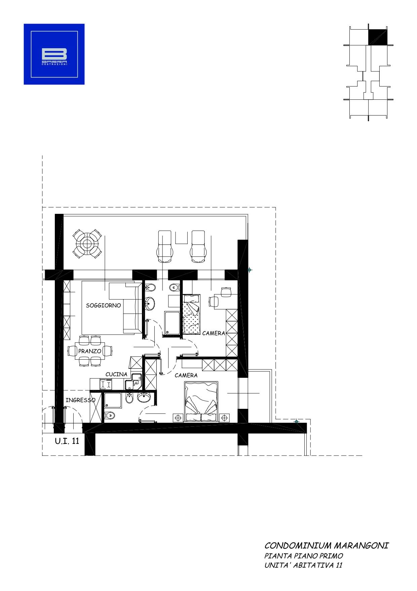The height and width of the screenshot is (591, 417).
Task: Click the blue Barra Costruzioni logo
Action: click(54, 54)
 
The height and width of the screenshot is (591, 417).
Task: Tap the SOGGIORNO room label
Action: click(103, 305)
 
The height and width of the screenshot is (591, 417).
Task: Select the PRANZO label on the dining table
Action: click(90, 351)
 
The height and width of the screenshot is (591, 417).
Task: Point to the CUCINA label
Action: click(116, 374)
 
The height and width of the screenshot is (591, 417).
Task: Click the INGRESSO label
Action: click(80, 400)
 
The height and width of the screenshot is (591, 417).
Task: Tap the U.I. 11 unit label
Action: click(67, 441)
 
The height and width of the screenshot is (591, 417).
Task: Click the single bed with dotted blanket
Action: click(191, 314)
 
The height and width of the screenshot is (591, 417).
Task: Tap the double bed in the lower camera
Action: click(201, 401)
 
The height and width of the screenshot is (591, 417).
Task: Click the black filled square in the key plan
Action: click(378, 36)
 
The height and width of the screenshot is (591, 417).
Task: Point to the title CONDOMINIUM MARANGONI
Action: click(326, 545)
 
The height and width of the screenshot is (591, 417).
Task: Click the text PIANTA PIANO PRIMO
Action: click(304, 556)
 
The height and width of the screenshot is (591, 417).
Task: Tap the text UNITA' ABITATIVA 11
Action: click(303, 565)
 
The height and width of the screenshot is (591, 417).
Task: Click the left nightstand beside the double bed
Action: click(178, 418)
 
